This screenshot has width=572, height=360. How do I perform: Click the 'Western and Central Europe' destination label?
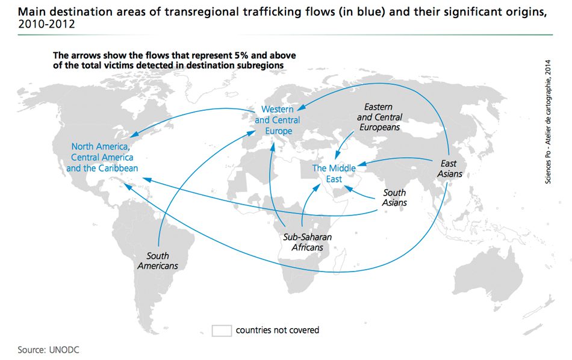[278, 120]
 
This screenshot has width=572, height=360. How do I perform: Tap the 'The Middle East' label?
[334, 173]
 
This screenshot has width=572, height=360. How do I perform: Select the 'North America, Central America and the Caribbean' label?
[102, 157]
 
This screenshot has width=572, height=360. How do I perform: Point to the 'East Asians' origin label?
[449, 169]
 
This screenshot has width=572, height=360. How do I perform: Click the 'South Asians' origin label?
[394, 197]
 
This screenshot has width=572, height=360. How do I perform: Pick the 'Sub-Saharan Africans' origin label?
[308, 242]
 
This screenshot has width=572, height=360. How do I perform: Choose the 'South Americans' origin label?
[158, 261]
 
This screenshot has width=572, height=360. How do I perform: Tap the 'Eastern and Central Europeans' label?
[379, 117]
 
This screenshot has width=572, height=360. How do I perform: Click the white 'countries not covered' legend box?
[222, 331]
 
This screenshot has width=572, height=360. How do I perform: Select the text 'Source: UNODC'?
[48, 350]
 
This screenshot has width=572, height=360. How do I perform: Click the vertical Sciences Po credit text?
[548, 122]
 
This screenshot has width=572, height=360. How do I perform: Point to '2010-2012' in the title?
[46, 24]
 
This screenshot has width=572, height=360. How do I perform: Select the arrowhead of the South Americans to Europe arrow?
[251, 133]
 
